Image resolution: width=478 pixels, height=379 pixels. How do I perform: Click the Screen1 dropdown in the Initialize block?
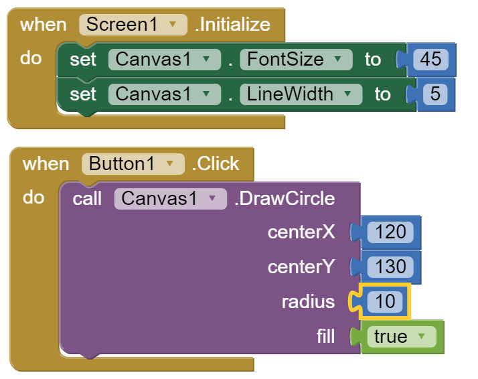(x=132, y=25)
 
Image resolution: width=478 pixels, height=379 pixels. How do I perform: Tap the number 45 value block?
(x=430, y=59)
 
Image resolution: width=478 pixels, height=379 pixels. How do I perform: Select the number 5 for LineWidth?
(x=434, y=94)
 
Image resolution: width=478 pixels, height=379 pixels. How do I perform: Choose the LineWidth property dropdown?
(x=299, y=94)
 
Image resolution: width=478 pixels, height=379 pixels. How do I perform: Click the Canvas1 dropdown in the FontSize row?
(x=164, y=59)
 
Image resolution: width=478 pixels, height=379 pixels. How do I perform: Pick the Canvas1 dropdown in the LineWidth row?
(x=164, y=94)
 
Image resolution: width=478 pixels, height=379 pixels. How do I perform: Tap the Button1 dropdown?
(x=133, y=164)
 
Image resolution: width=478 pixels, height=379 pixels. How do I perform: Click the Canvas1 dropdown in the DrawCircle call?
(x=170, y=198)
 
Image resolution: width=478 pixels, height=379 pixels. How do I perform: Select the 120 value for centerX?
(x=390, y=232)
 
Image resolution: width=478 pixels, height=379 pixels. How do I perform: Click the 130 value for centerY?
(x=390, y=267)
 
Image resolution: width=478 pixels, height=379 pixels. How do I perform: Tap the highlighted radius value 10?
(x=385, y=302)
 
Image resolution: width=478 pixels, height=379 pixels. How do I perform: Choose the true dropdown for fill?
(x=401, y=336)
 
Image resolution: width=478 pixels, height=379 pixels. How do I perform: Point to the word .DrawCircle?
(x=284, y=198)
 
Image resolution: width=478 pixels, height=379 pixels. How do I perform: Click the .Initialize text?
(x=232, y=25)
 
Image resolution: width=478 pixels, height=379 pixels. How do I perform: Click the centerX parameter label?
(x=301, y=232)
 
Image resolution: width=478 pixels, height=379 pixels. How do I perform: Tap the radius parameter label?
(x=308, y=302)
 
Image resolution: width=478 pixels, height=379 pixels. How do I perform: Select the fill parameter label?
(x=325, y=336)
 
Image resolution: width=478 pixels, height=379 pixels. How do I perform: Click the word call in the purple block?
(x=87, y=198)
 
